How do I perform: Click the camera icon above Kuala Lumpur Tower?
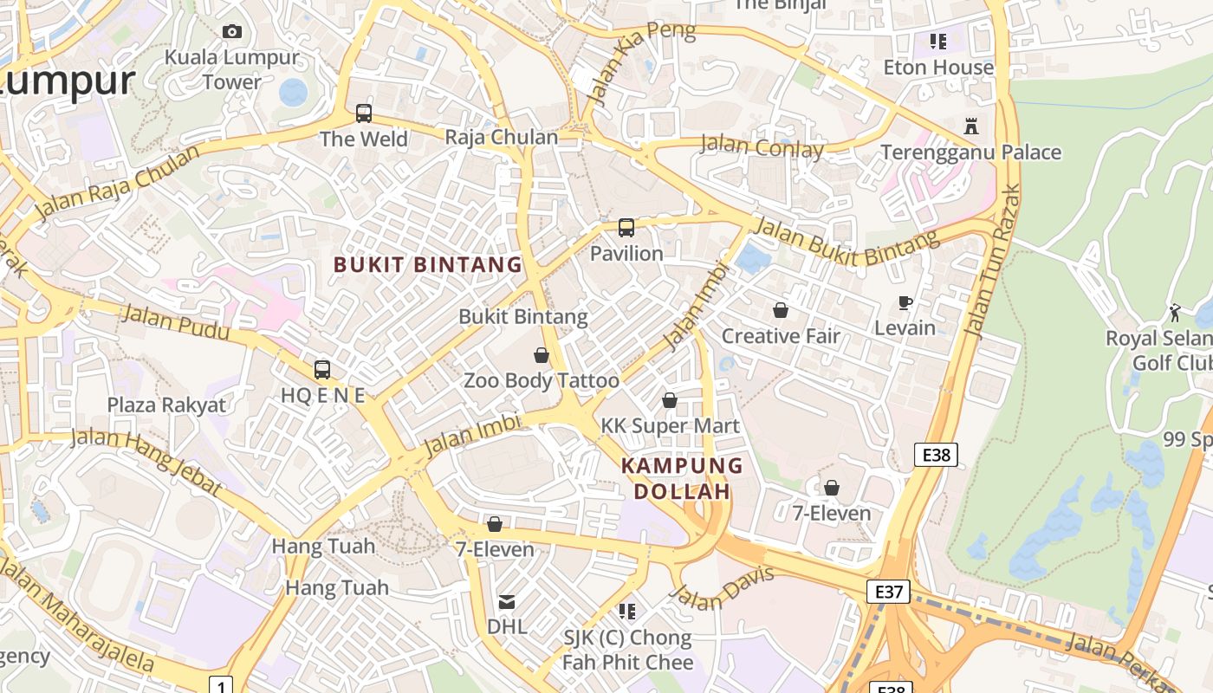coord(231,32)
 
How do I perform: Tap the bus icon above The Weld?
coord(364,113)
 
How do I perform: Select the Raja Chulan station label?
coord(501,137)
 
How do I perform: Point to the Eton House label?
coord(938,68)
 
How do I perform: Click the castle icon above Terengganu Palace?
coord(971,126)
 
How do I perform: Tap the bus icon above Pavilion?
coord(626,228)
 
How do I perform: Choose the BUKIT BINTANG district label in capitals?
coord(428,265)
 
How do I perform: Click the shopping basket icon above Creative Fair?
coord(781,310)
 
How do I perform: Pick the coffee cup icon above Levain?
coord(905,302)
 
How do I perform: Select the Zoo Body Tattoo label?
coord(542,380)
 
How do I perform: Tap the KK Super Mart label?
coord(671,425)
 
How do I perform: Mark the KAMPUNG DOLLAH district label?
coord(682,478)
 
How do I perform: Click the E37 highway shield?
coord(889,593)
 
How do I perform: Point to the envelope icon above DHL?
coord(507,601)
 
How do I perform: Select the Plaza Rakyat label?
coord(166,405)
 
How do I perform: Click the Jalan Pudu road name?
coord(176,323)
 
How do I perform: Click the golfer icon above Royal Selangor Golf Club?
coord(1175,312)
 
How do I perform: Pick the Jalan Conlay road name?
coord(762,147)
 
